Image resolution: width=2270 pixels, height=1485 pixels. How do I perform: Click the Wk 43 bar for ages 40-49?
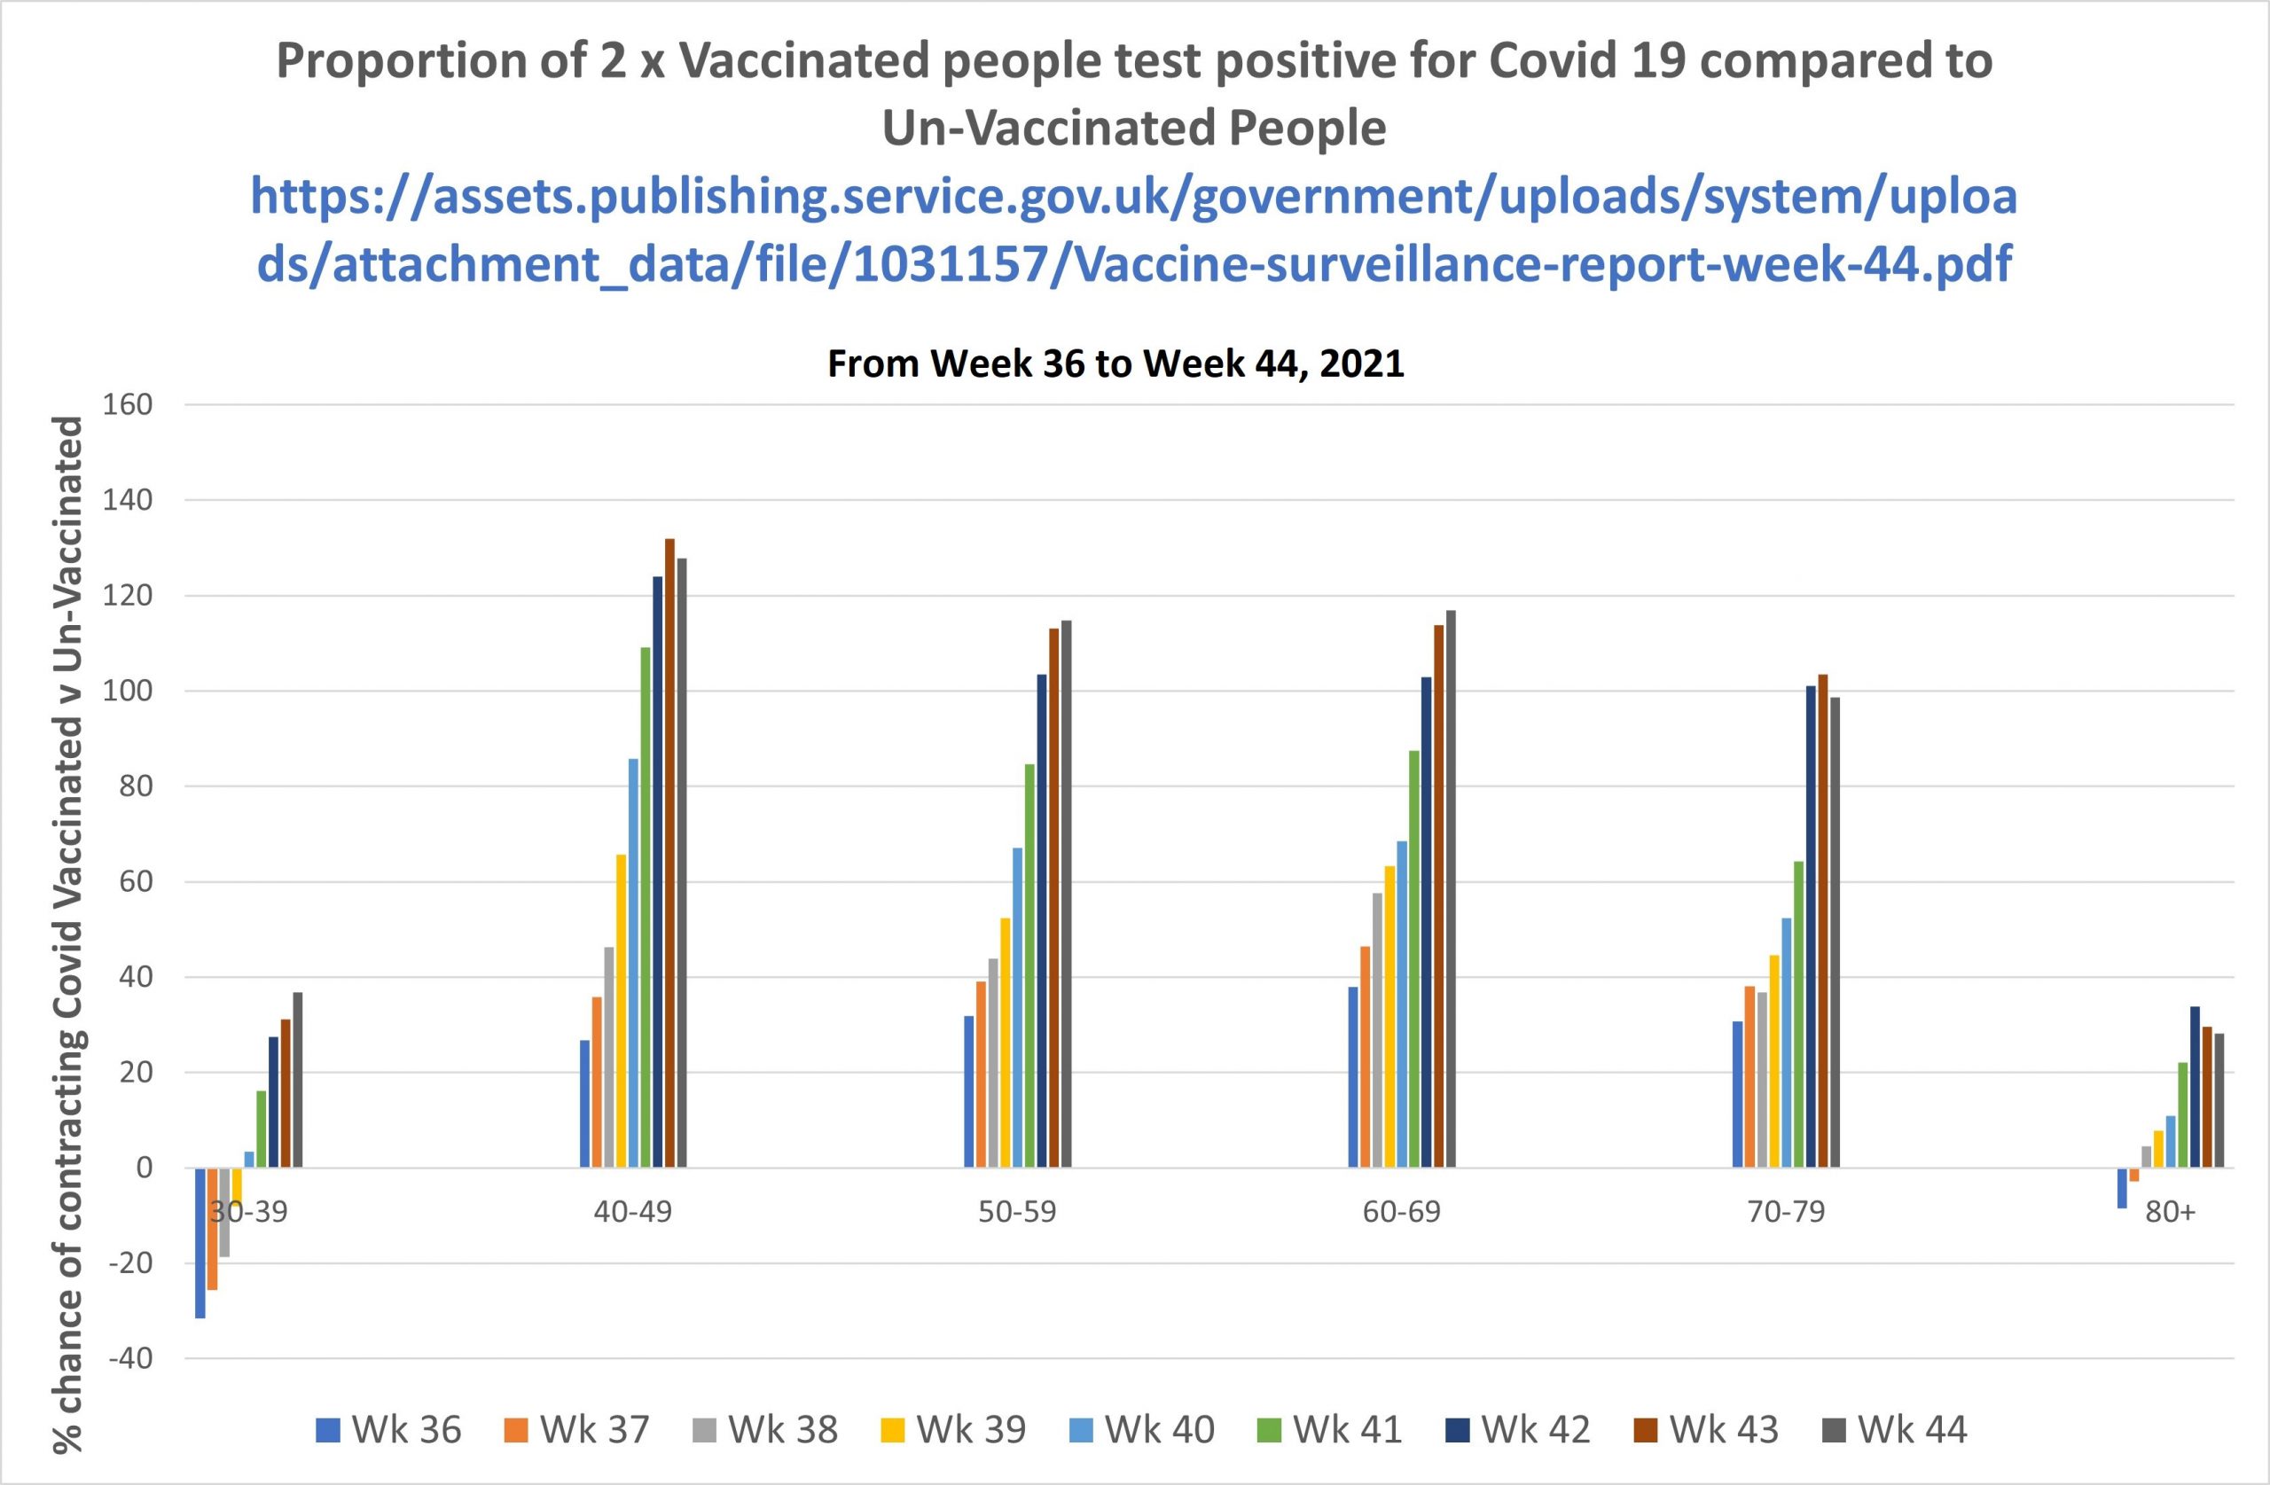(669, 853)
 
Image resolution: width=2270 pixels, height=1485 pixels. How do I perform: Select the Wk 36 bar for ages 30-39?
(200, 1243)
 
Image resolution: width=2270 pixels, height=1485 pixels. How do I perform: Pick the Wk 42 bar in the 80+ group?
(2195, 1086)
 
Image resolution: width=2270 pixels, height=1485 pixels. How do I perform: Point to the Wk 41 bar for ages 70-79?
(1799, 1014)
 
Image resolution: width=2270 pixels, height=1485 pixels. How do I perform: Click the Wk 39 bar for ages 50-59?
(1006, 1043)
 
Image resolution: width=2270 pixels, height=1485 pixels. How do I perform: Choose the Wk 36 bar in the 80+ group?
(2122, 1187)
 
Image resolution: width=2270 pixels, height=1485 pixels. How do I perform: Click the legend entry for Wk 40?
(1143, 1430)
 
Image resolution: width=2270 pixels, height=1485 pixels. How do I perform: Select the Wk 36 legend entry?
(389, 1430)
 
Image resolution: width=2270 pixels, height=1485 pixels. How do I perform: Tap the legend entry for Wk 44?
(1895, 1430)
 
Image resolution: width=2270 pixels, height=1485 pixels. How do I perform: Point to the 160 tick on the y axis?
(128, 404)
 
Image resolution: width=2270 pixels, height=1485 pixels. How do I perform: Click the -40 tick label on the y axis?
(129, 1358)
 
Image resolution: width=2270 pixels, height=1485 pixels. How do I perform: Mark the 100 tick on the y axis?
(128, 691)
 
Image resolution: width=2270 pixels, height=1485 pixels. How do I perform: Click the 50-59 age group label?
(1018, 1211)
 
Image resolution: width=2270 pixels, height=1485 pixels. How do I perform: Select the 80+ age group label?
(2170, 1211)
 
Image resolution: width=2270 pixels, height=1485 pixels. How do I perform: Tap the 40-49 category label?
(632, 1211)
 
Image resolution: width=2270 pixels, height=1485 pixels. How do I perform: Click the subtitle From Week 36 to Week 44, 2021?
(1115, 363)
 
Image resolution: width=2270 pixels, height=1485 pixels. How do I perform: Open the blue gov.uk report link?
(1134, 230)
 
